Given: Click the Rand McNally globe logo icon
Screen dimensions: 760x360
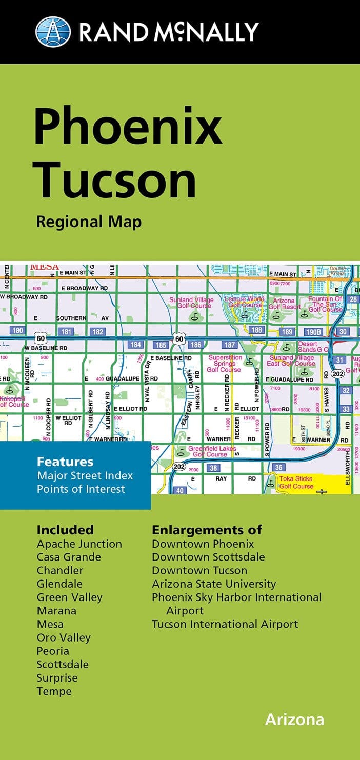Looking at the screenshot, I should point(53,32).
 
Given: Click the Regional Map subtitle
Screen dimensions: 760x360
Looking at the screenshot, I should point(88,222).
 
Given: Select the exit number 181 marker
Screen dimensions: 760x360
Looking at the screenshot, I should point(66,332).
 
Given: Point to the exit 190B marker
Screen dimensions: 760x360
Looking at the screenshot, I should point(312,332).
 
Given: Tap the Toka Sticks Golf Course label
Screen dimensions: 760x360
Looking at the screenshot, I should point(296,483).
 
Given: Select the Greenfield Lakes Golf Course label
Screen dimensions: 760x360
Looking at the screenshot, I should point(212,451).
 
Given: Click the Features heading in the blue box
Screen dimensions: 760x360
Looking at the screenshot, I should point(65,462).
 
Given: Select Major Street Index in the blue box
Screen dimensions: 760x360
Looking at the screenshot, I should point(85,475).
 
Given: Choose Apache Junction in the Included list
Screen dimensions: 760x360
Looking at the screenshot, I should point(79,544).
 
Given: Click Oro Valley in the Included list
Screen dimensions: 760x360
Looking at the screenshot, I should point(64,637).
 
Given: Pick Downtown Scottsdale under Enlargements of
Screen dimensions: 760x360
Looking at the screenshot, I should point(208,557).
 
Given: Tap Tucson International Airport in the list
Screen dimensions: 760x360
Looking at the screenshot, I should point(225,624).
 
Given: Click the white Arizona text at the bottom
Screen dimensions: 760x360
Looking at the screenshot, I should point(294,719).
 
